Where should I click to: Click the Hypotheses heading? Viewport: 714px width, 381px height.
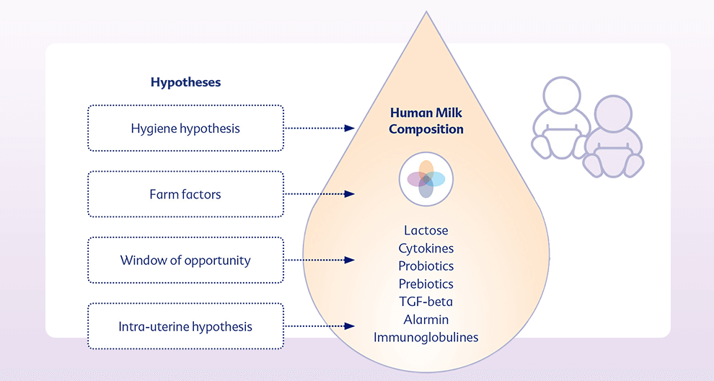coord(186,82)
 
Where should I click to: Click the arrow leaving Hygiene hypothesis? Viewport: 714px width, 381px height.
coord(319,128)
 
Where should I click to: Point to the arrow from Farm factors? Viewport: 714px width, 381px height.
coord(319,194)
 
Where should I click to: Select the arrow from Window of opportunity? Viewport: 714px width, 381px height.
coord(319,260)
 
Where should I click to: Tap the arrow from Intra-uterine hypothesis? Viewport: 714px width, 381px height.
coord(319,326)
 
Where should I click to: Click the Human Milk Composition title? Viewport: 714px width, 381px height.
coord(426,121)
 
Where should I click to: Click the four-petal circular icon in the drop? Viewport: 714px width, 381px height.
coord(426,179)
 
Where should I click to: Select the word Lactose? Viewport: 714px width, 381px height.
coord(426,230)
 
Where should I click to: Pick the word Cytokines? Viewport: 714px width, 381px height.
coord(426,248)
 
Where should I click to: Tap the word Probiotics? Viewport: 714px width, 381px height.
coord(426,266)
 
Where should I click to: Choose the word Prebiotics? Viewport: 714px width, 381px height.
coord(426,284)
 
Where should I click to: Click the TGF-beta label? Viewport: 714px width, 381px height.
coord(426,302)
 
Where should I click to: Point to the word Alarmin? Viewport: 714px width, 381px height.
coord(426,320)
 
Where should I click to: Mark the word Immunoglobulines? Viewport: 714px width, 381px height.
coord(426,337)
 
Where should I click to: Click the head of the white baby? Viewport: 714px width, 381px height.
coord(562,95)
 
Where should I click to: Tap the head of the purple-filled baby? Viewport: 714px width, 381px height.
coord(613,115)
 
